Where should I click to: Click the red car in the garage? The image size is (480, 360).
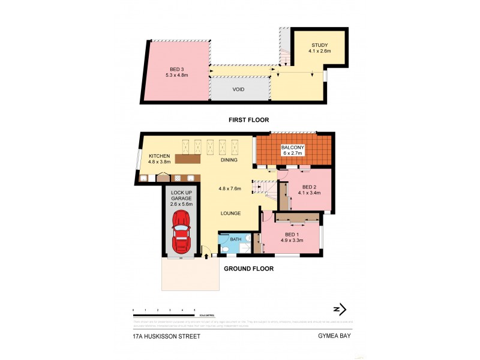coord(181,232)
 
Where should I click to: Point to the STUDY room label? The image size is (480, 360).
coord(319,46)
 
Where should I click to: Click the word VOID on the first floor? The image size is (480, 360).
coord(239,89)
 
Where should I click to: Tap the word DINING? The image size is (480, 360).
coord(229,160)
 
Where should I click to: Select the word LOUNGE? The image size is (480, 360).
coord(230,213)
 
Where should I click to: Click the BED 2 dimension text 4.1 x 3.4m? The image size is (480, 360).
coord(308,193)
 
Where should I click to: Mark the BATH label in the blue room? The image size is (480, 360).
coord(236,239)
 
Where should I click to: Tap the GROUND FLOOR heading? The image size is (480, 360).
coord(248,269)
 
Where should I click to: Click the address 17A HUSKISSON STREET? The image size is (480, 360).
coord(166,337)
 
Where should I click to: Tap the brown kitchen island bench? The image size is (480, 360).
coord(179,160)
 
